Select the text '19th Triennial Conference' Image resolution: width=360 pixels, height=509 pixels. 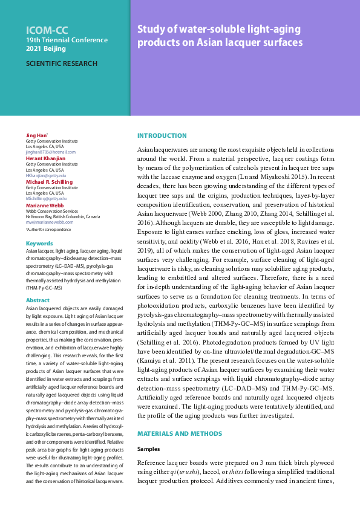[67, 40]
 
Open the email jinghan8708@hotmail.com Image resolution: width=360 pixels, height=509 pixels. [51, 152]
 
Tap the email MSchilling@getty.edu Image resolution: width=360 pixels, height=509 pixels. [46, 198]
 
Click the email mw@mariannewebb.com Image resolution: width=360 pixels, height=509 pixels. [49, 222]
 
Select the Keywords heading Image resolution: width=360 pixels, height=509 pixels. [39, 244]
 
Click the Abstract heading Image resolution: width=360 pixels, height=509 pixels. [38, 300]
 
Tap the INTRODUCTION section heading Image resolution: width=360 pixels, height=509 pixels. [162, 135]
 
